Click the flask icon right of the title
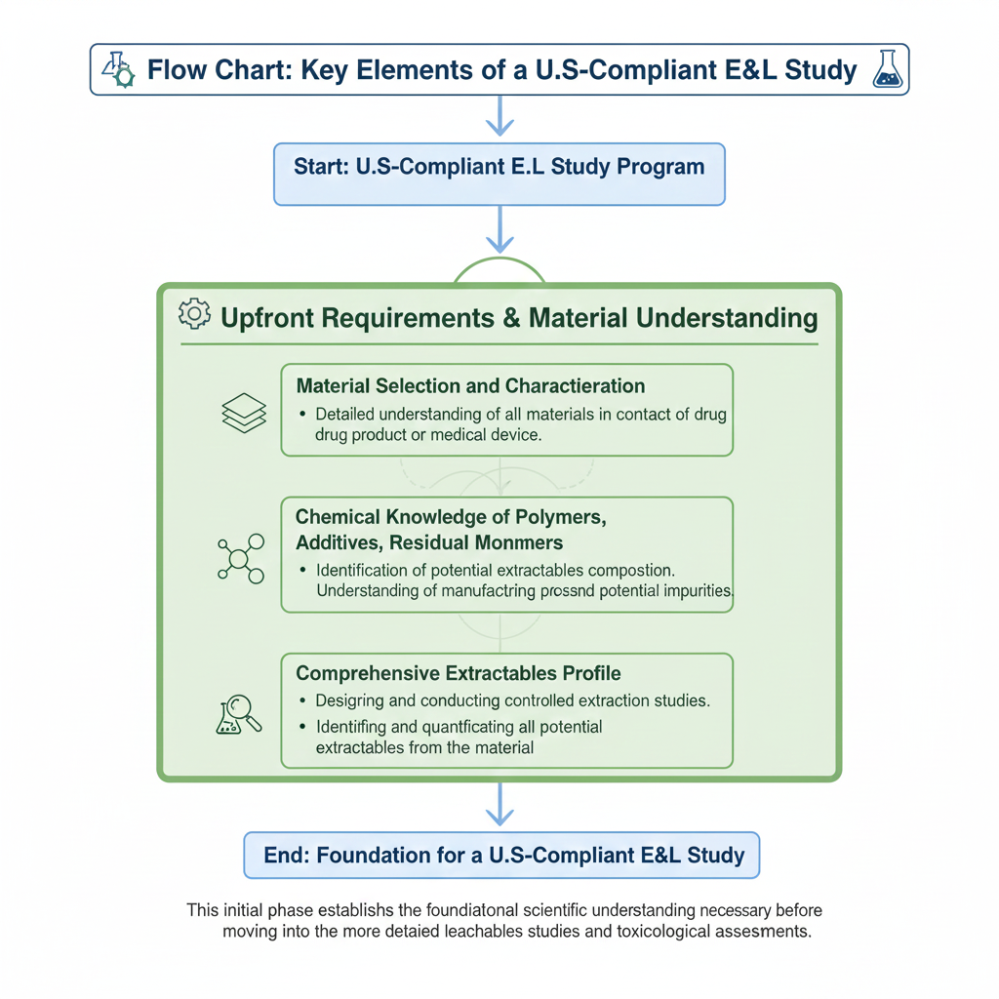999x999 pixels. tap(887, 69)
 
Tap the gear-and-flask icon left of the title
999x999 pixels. tap(117, 69)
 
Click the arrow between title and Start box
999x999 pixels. tap(499, 116)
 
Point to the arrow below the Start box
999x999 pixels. tap(499, 230)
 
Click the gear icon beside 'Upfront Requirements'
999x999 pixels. tap(194, 314)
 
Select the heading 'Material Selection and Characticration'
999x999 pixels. tap(469, 385)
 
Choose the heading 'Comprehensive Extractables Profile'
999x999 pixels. tap(459, 673)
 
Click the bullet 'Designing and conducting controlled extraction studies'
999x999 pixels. tap(512, 700)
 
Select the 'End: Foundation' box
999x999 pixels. tap(500, 856)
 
